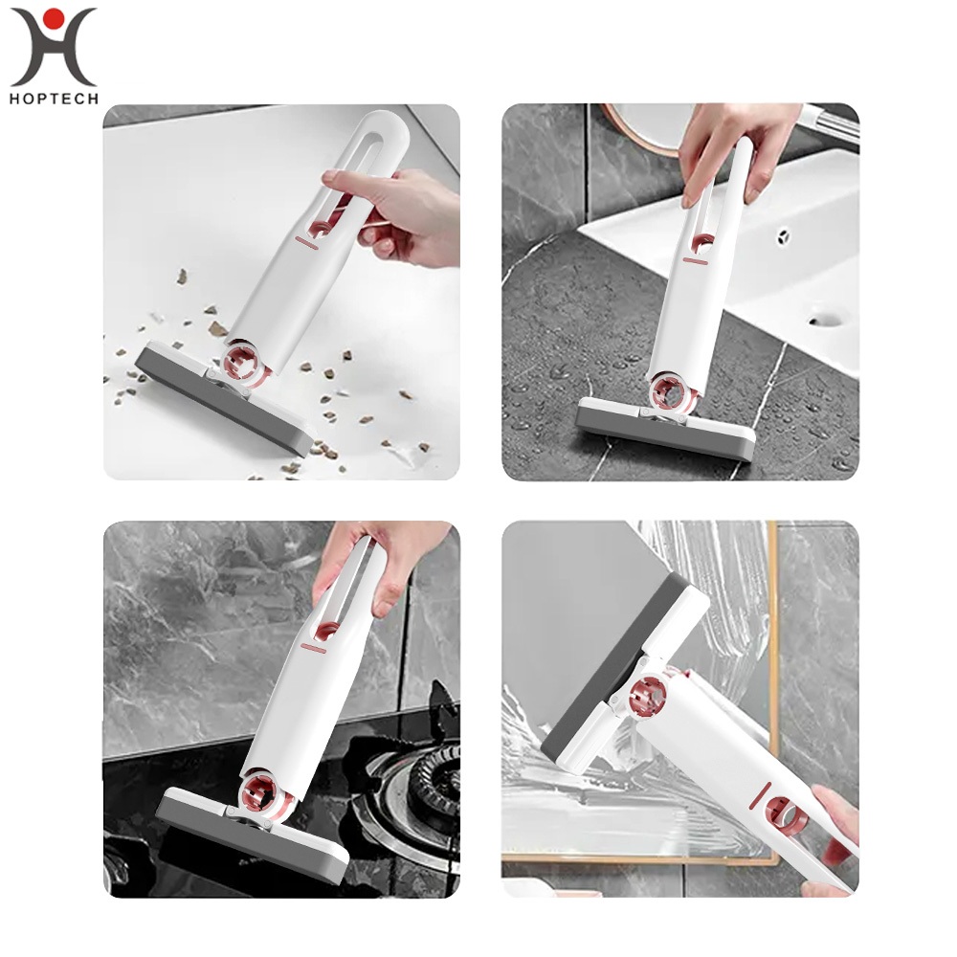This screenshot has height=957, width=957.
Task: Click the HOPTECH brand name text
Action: click(54, 99)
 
